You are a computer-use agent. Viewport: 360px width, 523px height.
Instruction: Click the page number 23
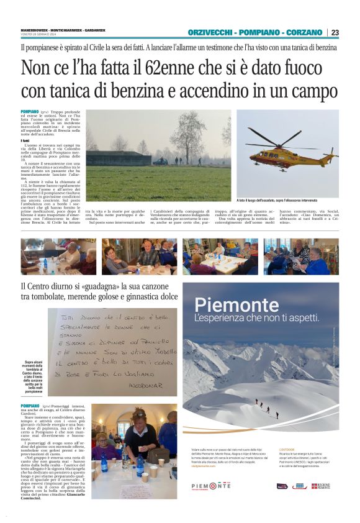[x=335, y=32]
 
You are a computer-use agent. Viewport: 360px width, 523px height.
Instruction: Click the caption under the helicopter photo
[x=286, y=201]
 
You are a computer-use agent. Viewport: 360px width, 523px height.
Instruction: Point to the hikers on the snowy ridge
[x=267, y=407]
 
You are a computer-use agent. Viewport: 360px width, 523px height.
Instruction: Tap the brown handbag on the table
[x=157, y=457]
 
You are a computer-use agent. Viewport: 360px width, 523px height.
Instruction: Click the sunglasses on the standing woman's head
[x=139, y=414]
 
